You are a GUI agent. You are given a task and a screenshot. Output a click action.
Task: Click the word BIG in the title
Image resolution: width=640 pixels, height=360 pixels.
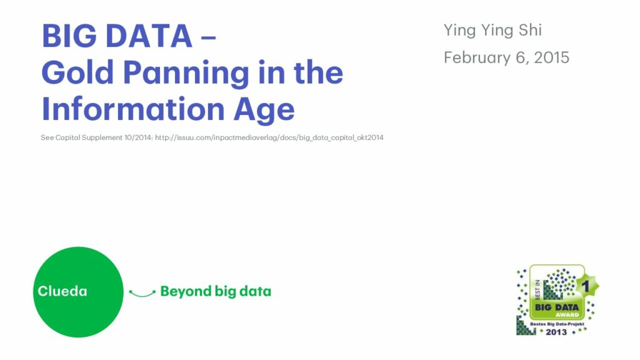tap(69, 36)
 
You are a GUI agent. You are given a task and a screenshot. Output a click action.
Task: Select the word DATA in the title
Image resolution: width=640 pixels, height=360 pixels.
tap(149, 36)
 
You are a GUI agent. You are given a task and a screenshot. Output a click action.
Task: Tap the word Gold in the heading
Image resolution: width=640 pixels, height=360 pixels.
tap(77, 72)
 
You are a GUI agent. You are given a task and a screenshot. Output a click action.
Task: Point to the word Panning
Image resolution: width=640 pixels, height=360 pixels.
tap(186, 74)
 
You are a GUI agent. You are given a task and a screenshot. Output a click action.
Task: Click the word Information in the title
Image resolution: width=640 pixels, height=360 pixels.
tap(133, 109)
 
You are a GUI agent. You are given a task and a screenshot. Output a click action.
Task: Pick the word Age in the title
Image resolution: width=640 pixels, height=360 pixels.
tap(264, 110)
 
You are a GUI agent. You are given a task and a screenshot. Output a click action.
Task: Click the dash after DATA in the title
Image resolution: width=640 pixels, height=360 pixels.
tap(209, 37)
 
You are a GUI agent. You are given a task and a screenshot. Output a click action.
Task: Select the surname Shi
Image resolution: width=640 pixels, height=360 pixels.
tap(530, 30)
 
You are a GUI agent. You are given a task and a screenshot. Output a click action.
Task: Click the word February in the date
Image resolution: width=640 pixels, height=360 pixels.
tap(477, 58)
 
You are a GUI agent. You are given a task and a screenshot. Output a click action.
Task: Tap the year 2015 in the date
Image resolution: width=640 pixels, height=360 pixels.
tap(551, 57)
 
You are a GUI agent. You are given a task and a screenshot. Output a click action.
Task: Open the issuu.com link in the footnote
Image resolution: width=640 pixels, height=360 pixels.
tap(269, 137)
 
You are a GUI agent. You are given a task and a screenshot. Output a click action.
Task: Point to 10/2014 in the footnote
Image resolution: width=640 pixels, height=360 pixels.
tap(138, 137)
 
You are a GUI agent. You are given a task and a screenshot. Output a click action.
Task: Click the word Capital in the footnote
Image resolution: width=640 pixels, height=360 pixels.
tap(68, 137)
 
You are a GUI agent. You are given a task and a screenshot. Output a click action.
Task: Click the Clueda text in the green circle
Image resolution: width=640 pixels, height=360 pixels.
tap(62, 291)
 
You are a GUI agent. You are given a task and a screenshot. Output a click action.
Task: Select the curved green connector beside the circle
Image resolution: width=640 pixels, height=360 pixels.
tap(142, 294)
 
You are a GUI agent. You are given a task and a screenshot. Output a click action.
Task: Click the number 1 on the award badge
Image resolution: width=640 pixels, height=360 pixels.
tap(586, 286)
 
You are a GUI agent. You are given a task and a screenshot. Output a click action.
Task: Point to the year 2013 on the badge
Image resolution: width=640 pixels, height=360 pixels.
tap(556, 332)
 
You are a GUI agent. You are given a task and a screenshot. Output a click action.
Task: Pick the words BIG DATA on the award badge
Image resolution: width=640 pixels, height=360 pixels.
tap(557, 307)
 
